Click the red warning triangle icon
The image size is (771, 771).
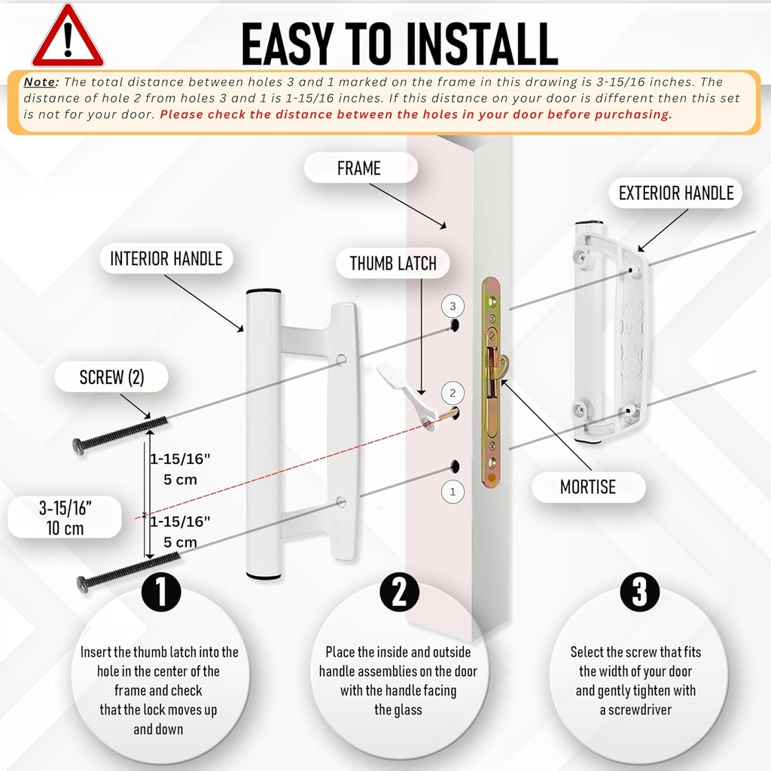[x=68, y=38]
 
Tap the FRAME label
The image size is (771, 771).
[x=359, y=168]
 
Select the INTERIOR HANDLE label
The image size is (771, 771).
[x=166, y=259]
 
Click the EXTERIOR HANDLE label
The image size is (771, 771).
[x=675, y=194]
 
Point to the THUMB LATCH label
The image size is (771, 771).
[x=393, y=264]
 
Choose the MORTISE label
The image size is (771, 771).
[x=587, y=487]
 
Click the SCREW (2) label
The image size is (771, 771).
[x=111, y=378]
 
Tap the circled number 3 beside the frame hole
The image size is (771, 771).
[x=453, y=306]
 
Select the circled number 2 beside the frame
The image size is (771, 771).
[x=453, y=393]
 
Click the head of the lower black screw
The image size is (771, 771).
[x=82, y=582]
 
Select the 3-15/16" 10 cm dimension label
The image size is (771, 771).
[x=63, y=518]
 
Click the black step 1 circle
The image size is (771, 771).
[x=160, y=593]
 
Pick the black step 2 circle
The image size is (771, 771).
[x=399, y=593]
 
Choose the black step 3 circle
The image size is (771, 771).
[x=639, y=593]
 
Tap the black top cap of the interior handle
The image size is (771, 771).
[x=264, y=291]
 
